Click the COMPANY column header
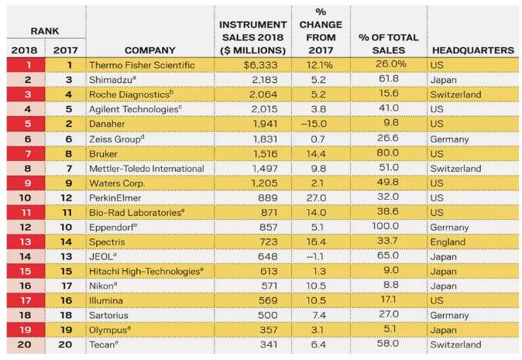pyautogui.click(x=149, y=50)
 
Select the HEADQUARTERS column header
pyautogui.click(x=473, y=50)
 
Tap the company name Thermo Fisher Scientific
pyautogui.click(x=142, y=65)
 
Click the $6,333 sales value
pyautogui.click(x=260, y=65)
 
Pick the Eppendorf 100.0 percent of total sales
pyautogui.click(x=385, y=226)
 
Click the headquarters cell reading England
pyautogui.click(x=448, y=242)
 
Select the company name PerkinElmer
pyautogui.click(x=115, y=198)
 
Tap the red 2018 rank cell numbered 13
pyautogui.click(x=26, y=242)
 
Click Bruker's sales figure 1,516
pyautogui.click(x=266, y=154)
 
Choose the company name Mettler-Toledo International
pyautogui.click(x=146, y=169)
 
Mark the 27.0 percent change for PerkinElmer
pyautogui.click(x=316, y=198)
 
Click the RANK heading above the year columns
pyautogui.click(x=45, y=31)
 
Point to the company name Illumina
pyautogui.click(x=106, y=300)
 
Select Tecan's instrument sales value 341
pyautogui.click(x=269, y=345)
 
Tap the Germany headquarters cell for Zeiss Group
pyautogui.click(x=449, y=139)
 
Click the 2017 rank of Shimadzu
pyautogui.click(x=69, y=80)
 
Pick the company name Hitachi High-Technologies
pyautogui.click(x=146, y=271)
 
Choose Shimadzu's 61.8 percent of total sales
pyautogui.click(x=388, y=79)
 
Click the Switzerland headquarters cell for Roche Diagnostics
pyautogui.click(x=455, y=94)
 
